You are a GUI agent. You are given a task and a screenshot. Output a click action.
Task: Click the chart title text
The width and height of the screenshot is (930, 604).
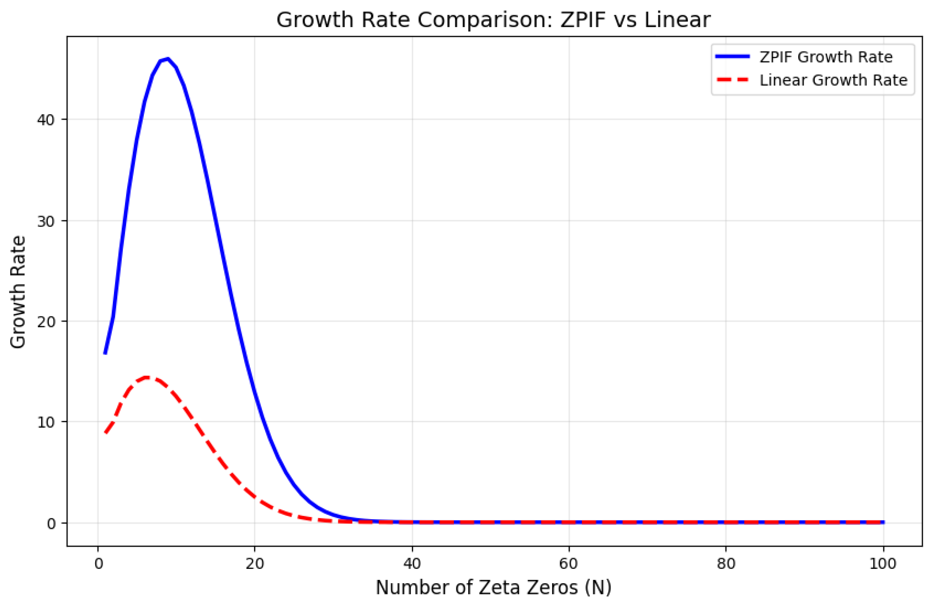pos(493,20)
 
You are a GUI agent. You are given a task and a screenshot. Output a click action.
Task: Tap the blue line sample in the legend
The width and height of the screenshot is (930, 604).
pos(733,57)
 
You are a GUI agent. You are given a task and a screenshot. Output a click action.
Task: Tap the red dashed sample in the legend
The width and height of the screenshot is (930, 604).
pos(733,80)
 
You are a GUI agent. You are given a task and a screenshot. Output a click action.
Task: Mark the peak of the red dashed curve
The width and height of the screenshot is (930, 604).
pos(147,377)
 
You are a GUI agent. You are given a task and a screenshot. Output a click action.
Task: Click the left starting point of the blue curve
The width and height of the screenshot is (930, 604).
pos(105,353)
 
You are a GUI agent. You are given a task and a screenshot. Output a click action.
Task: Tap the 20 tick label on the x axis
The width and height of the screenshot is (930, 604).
pos(255,564)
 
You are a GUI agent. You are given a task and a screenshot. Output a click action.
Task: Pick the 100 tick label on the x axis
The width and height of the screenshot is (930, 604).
pos(883,564)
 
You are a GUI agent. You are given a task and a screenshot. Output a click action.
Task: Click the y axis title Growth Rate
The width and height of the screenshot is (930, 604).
pos(18,292)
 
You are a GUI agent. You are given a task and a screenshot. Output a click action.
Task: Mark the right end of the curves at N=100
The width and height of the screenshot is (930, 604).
pos(883,522)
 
